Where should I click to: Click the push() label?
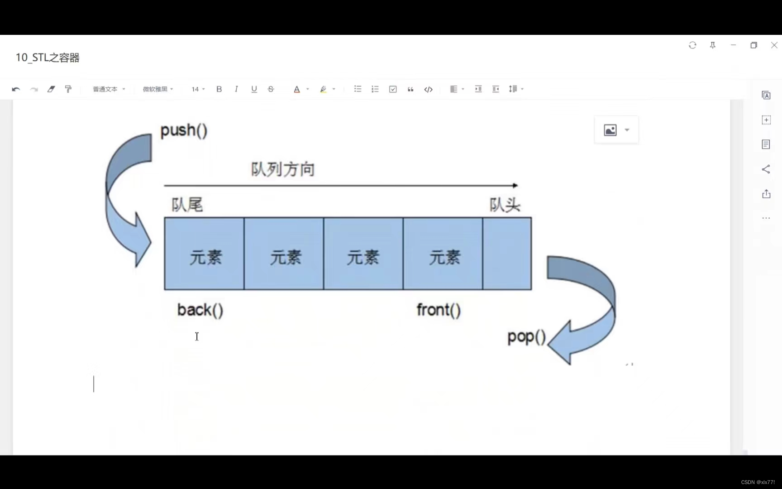click(x=184, y=130)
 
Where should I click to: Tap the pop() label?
click(x=526, y=337)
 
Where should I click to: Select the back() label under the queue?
click(x=200, y=310)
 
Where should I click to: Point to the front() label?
click(x=439, y=310)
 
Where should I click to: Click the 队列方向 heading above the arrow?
click(x=283, y=170)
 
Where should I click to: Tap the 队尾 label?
click(x=187, y=205)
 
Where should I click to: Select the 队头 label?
click(x=505, y=205)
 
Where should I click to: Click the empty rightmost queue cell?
click(x=507, y=254)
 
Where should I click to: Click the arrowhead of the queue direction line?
click(x=515, y=186)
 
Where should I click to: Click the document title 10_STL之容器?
click(x=48, y=58)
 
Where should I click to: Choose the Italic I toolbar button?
click(x=236, y=89)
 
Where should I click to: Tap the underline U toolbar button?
click(x=254, y=89)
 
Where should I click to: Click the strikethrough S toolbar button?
click(x=271, y=89)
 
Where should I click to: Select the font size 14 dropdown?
click(x=198, y=89)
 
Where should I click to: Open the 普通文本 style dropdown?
click(x=109, y=89)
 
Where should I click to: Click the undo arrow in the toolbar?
click(x=16, y=89)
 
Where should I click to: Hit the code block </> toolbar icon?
click(x=428, y=89)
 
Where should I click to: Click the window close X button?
click(x=774, y=45)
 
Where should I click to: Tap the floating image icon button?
click(x=610, y=130)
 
